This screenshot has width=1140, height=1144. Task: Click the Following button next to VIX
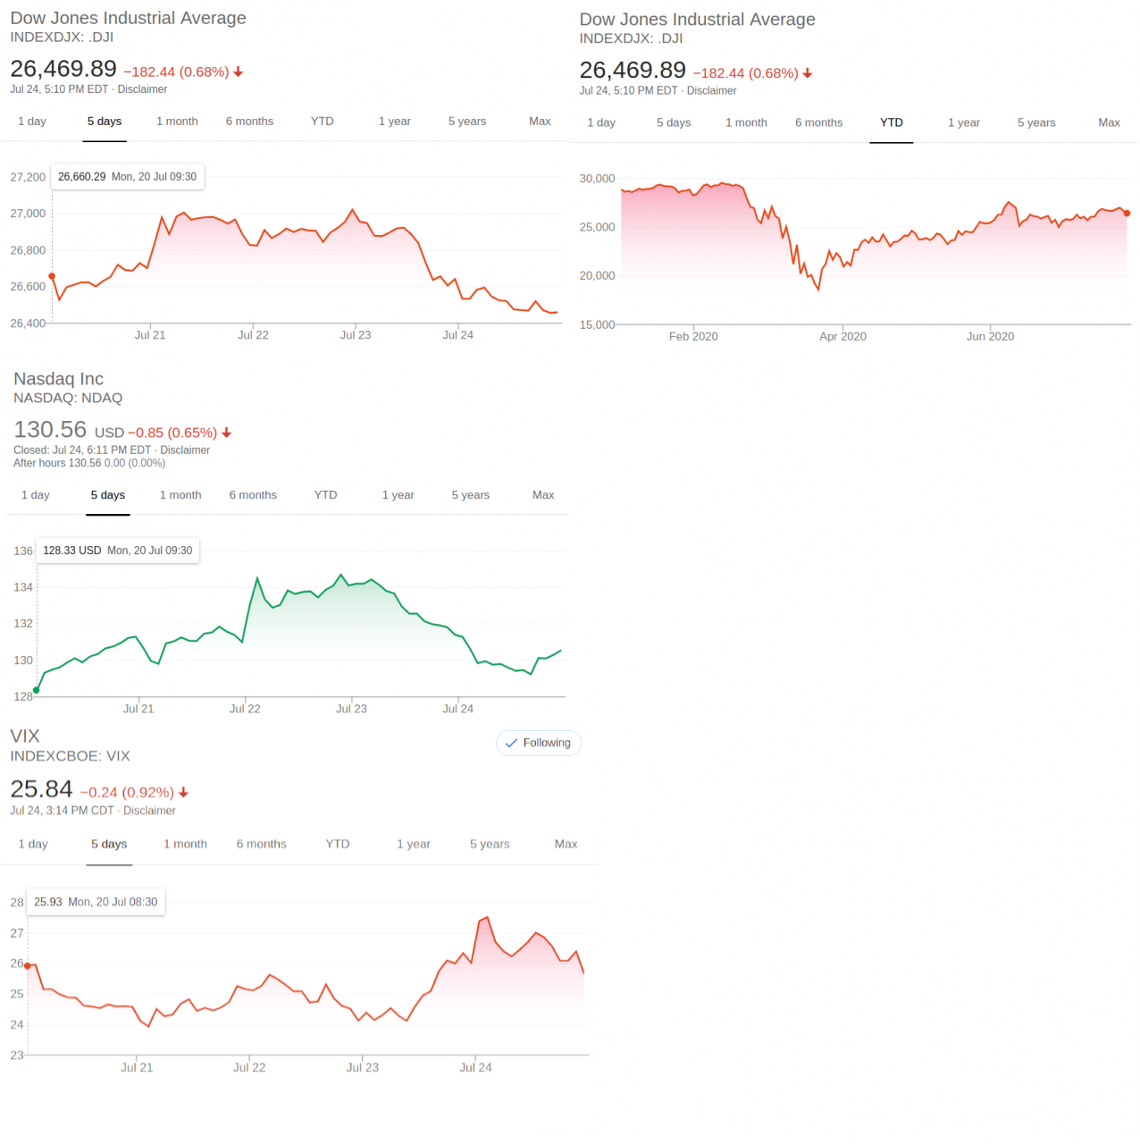click(538, 743)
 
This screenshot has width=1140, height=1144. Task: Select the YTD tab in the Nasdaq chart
click(325, 495)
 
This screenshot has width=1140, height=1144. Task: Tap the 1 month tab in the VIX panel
click(185, 844)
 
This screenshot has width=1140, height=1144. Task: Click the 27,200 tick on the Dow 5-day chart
click(28, 177)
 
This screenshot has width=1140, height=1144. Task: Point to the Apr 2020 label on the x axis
click(842, 337)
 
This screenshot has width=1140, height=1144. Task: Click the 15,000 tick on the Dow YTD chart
click(597, 324)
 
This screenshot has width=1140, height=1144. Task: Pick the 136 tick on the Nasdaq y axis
click(23, 551)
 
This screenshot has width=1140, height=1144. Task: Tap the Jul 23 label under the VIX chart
click(362, 1067)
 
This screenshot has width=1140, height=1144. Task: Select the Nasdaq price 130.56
click(50, 430)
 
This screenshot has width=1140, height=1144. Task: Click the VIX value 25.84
click(41, 789)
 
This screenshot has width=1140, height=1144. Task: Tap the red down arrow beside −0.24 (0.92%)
click(184, 793)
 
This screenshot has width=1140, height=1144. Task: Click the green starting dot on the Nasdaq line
click(36, 690)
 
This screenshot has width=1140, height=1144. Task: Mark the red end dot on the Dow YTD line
click(1127, 214)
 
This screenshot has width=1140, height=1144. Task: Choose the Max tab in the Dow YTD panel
click(1109, 123)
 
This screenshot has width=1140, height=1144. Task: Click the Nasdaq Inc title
click(58, 379)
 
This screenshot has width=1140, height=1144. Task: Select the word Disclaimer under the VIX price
click(149, 811)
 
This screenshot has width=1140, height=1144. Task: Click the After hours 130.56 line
click(89, 463)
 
